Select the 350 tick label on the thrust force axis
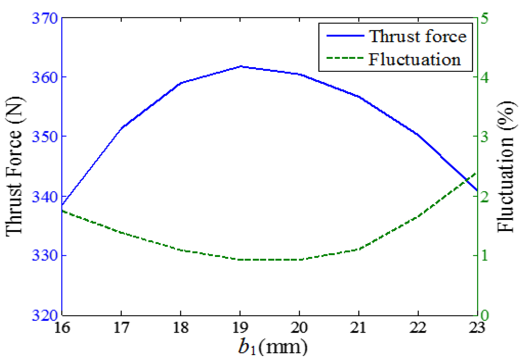tap(45, 137)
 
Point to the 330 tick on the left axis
tap(45, 256)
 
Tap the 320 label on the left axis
tap(45, 315)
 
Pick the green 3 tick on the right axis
tap(485, 137)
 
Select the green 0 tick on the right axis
tap(485, 315)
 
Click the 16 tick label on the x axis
tap(62, 328)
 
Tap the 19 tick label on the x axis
tap(240, 328)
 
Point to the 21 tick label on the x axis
tap(359, 328)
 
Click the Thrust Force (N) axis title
tap(14, 166)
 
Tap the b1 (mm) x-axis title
tap(273, 347)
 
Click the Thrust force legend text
tap(418, 36)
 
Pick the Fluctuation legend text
tap(415, 60)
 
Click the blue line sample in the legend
tap(345, 36)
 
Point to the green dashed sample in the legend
tap(345, 58)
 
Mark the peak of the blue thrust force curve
tap(241, 66)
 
